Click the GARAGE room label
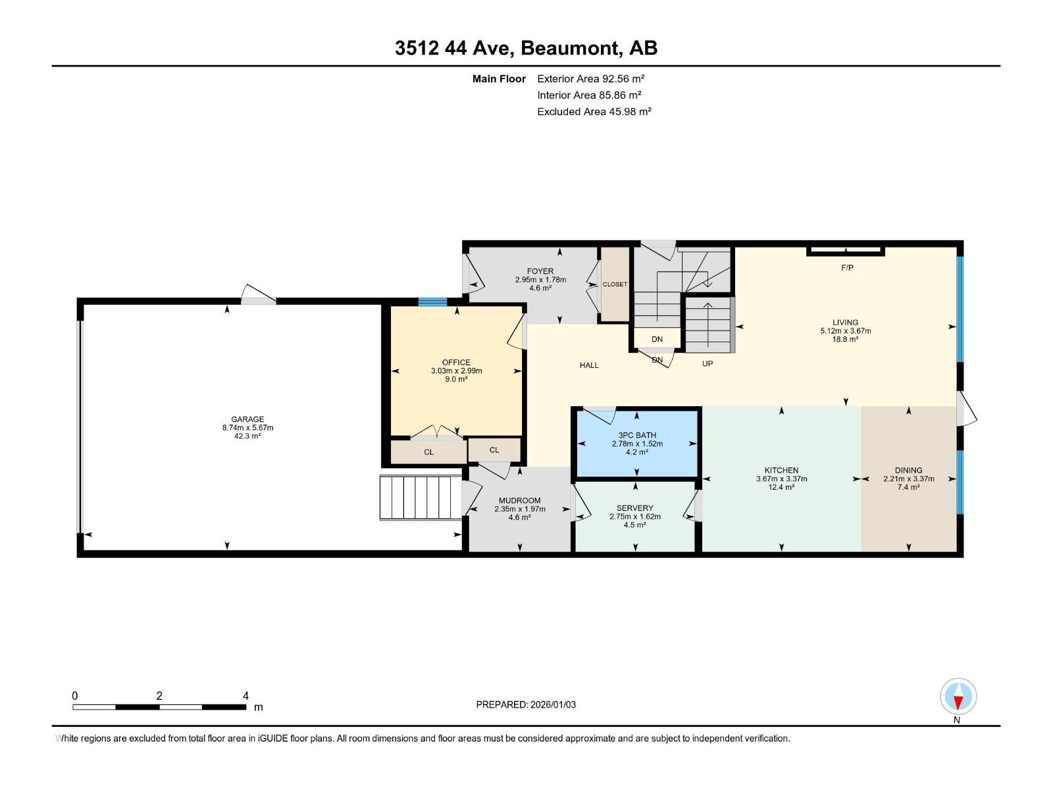coord(247,419)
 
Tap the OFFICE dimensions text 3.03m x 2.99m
coord(456,371)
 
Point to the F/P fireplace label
coord(847,268)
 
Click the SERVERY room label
coord(634,508)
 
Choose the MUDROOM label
coord(519,500)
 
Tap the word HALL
coord(589,365)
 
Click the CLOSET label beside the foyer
coord(615,284)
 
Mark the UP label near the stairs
coord(707,363)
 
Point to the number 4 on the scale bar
coord(245,696)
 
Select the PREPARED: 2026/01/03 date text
coord(526,704)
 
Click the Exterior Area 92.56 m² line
coord(590,78)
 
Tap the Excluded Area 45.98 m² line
coord(594,111)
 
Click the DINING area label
coord(908,471)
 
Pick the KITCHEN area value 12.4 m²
coord(781,487)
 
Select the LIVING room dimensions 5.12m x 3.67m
coord(845,331)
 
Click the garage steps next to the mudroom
coord(419,497)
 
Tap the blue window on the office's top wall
coord(432,302)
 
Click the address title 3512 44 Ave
coord(457,48)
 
